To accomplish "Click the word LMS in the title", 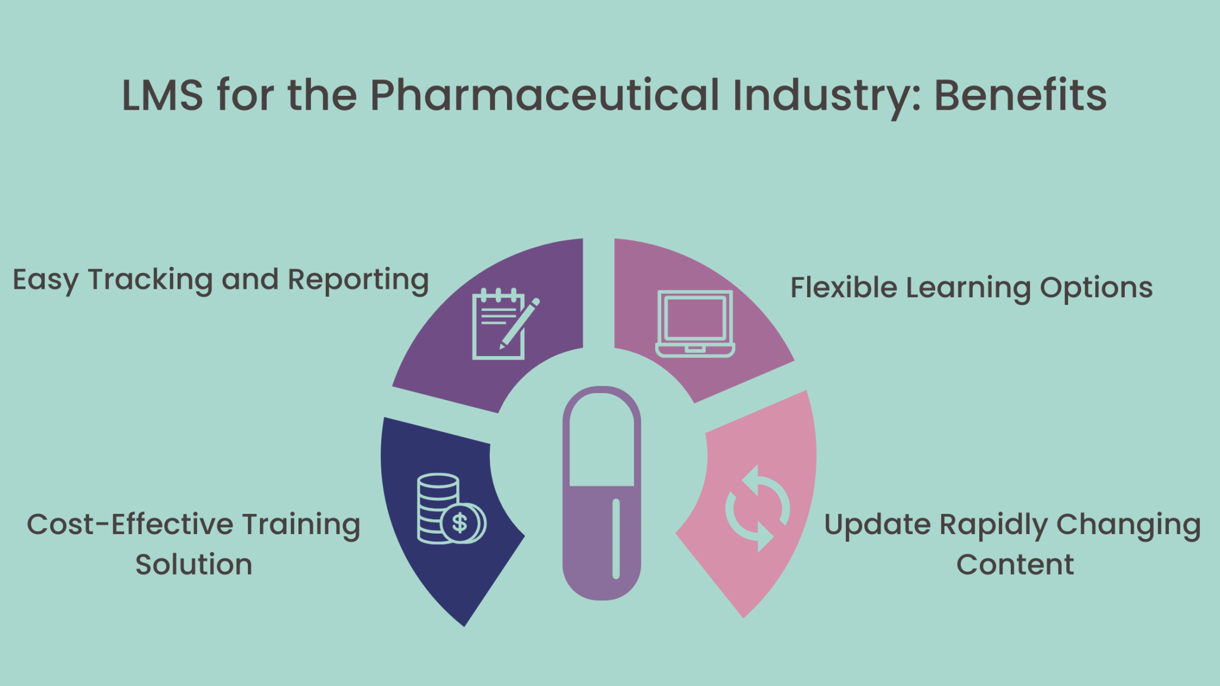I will (162, 95).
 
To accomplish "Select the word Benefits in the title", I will (1020, 95).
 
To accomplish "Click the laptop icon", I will (695, 324).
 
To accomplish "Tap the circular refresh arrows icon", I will (757, 508).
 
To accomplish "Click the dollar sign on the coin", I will (459, 523).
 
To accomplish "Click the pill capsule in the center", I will (602, 493).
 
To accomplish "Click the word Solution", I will (194, 565).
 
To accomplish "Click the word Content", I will (1015, 565).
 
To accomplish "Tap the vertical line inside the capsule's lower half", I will (616, 538).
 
